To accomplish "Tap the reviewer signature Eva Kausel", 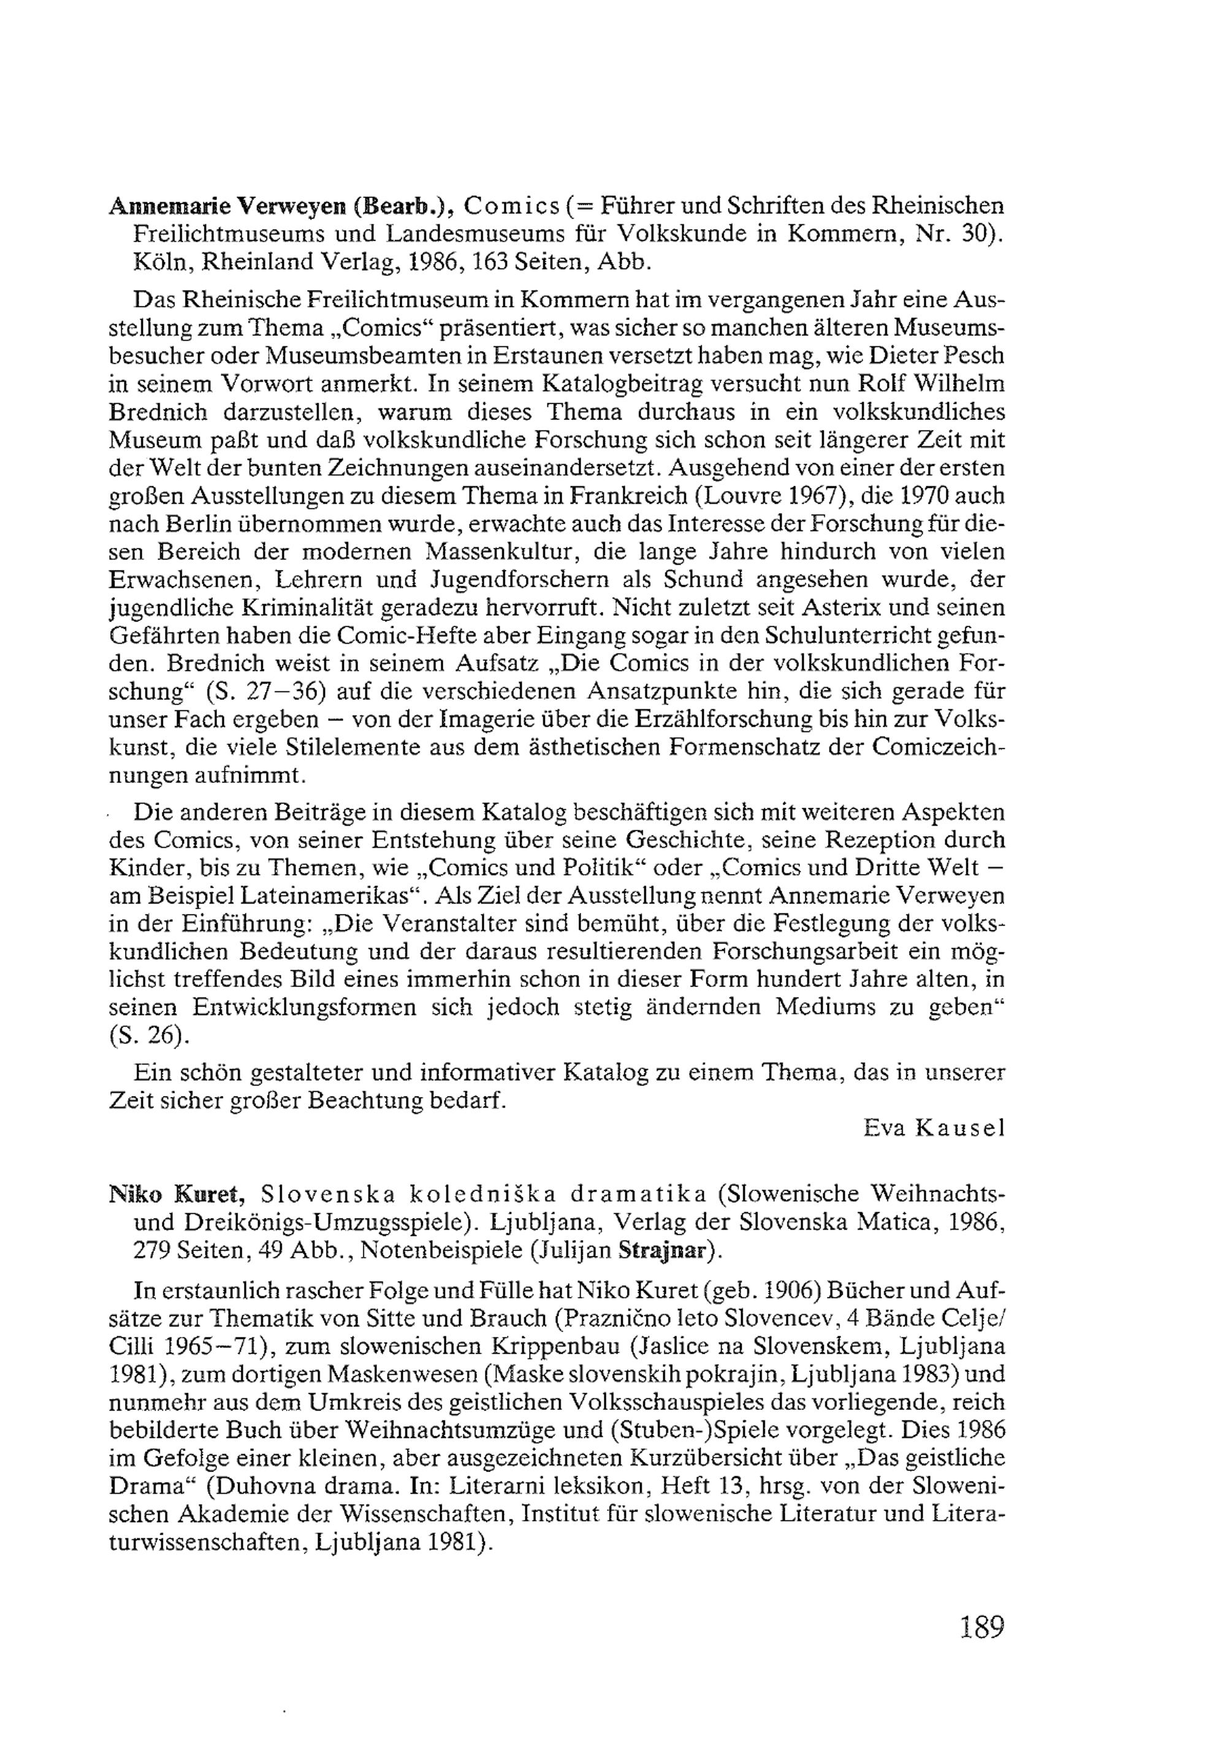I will point(934,1128).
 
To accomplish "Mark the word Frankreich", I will point(626,496).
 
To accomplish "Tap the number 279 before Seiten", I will point(151,1250).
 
